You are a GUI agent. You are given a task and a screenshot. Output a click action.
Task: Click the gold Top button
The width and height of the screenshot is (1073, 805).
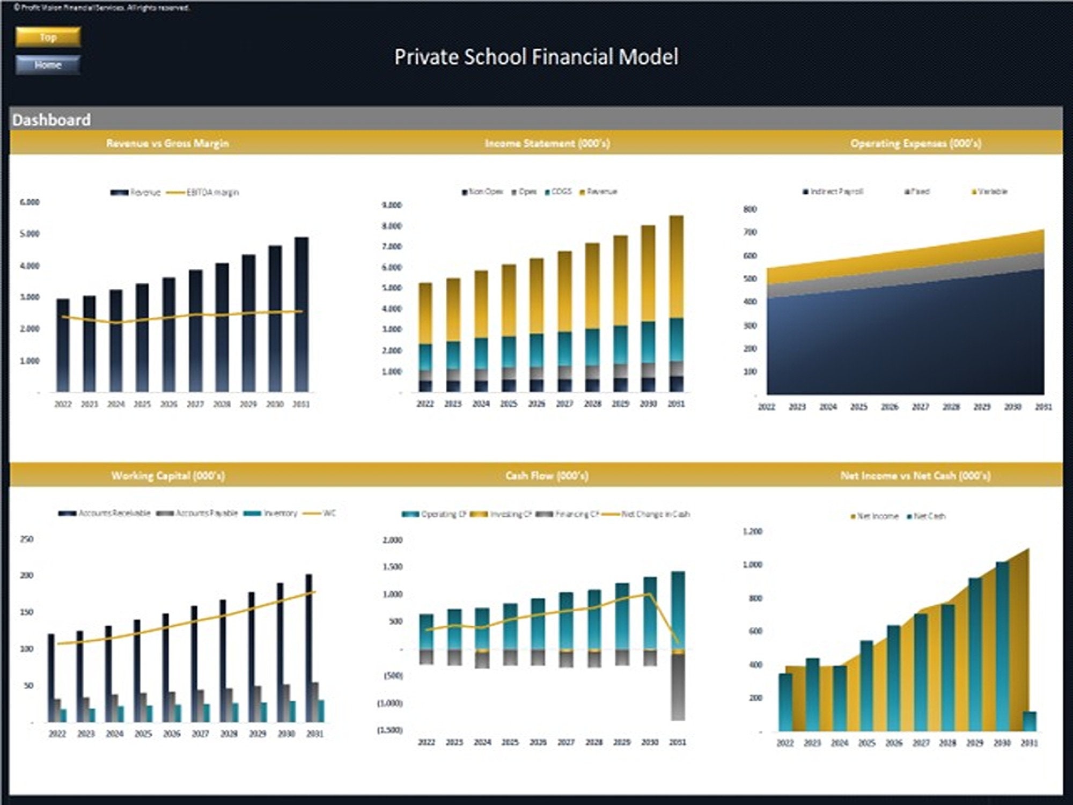click(48, 37)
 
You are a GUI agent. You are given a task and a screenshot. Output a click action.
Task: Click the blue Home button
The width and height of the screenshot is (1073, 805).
click(48, 65)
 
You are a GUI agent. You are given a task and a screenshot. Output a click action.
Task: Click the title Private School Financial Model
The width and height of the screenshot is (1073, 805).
click(536, 57)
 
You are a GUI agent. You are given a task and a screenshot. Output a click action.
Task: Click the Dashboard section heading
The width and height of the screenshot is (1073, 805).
click(52, 120)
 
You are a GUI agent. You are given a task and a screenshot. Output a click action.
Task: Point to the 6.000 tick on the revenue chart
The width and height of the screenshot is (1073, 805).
click(30, 202)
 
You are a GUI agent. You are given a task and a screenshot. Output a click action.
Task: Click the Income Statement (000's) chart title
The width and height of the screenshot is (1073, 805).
click(547, 143)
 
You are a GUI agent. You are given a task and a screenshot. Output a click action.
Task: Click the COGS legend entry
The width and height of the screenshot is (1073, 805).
click(558, 192)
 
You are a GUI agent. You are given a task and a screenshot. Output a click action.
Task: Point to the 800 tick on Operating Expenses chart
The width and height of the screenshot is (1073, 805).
click(750, 209)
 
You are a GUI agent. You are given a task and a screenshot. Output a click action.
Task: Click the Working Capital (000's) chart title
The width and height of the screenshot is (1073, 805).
click(168, 475)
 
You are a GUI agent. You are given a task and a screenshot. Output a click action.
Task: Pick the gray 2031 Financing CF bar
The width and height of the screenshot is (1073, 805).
click(678, 687)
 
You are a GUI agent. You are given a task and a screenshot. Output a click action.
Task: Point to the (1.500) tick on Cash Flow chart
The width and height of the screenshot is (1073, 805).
click(390, 730)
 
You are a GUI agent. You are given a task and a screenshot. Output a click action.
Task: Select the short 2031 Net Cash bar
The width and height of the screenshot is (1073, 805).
click(1030, 721)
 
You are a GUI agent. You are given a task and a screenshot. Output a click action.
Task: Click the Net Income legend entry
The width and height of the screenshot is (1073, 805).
click(874, 516)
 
